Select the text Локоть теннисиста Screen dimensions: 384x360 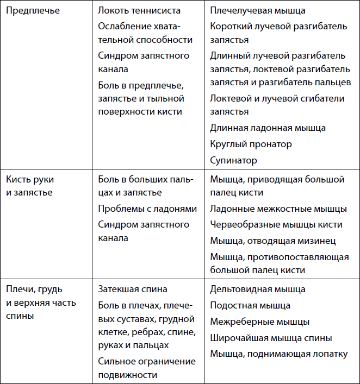[139, 10]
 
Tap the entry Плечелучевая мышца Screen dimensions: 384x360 [257, 10]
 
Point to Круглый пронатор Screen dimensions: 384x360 [251, 144]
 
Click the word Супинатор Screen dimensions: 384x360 [233, 160]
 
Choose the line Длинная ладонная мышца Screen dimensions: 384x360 [268, 128]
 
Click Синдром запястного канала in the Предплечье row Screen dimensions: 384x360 [144, 62]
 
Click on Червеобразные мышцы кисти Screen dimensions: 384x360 [276, 224]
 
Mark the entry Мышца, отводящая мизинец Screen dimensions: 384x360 [272, 241]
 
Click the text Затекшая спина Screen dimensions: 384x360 [133, 289]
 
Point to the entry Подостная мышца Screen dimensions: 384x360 [250, 305]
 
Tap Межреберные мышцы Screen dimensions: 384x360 [259, 322]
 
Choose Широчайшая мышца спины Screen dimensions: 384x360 [271, 338]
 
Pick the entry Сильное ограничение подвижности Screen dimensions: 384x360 [147, 368]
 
